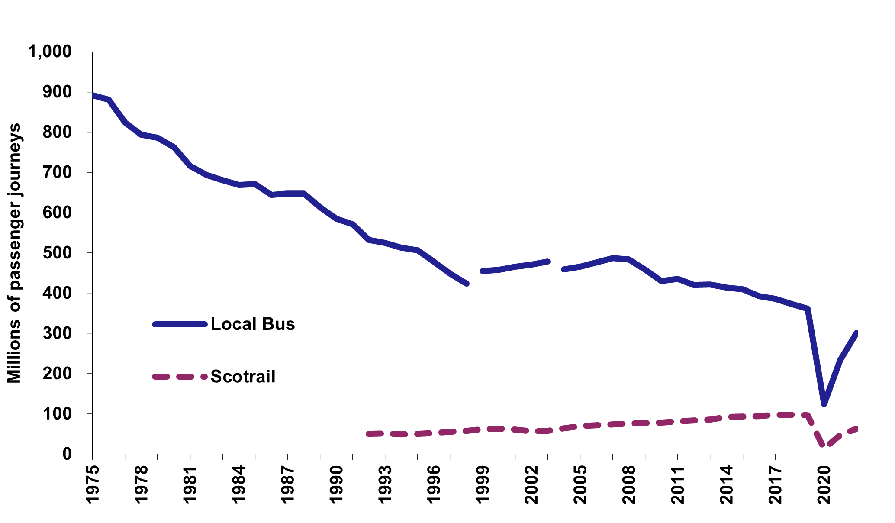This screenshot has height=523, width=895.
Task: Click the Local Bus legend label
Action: pyautogui.click(x=253, y=324)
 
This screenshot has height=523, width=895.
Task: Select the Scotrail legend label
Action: pyautogui.click(x=243, y=376)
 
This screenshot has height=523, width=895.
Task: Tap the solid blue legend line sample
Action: pyautogui.click(x=179, y=324)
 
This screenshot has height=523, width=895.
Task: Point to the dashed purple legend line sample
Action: pyautogui.click(x=179, y=376)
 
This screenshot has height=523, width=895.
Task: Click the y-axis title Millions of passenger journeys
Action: pyautogui.click(x=15, y=253)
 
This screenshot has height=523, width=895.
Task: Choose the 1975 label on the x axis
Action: pyautogui.click(x=93, y=485)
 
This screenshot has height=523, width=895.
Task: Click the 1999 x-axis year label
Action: pyautogui.click(x=483, y=485)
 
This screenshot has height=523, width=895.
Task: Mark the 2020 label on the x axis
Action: pyautogui.click(x=824, y=485)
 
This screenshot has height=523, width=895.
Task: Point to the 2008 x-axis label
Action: pyautogui.click(x=629, y=485)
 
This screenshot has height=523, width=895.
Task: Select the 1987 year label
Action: pyautogui.click(x=287, y=485)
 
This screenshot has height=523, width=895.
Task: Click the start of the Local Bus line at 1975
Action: pyautogui.click(x=93, y=95)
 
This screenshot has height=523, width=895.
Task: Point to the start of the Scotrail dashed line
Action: pyautogui.click(x=369, y=434)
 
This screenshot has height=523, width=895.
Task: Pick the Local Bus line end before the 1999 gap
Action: pyautogui.click(x=466, y=284)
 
